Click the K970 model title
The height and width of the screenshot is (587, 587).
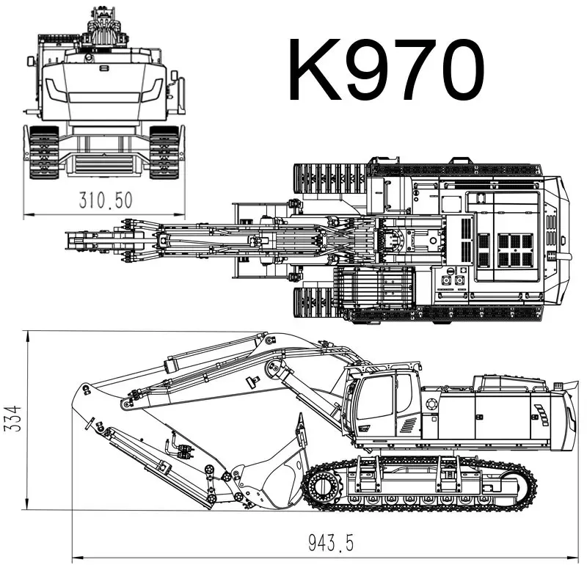click(x=386, y=70)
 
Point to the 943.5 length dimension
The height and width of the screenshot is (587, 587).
click(x=330, y=544)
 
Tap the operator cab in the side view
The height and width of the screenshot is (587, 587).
click(x=382, y=407)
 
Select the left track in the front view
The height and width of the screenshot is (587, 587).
click(x=43, y=152)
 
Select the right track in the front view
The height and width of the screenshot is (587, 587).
click(x=164, y=152)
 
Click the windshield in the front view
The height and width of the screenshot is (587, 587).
click(x=103, y=88)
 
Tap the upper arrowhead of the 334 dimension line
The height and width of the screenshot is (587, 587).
click(x=28, y=335)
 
